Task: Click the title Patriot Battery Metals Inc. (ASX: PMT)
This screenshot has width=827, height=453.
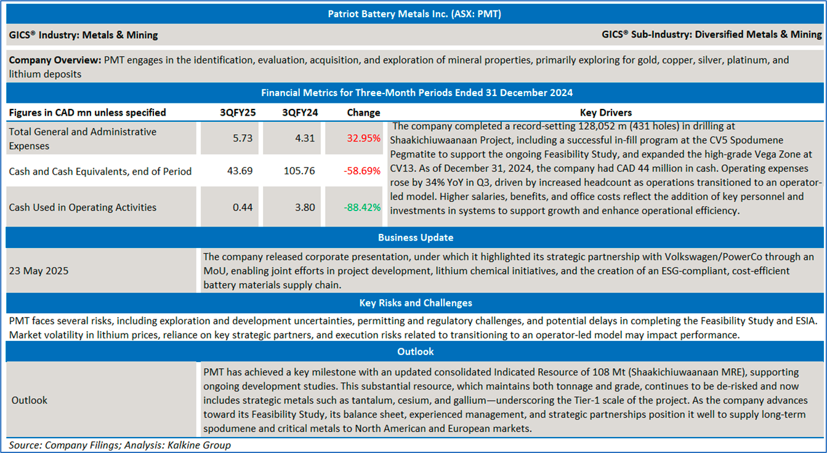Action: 414,14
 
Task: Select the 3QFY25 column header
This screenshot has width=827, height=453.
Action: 238,113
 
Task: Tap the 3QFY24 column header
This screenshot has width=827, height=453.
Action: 299,113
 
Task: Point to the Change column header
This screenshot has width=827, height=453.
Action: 363,113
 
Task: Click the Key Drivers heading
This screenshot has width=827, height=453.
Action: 606,113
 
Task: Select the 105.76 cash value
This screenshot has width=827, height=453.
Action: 299,171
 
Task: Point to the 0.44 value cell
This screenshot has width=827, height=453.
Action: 242,207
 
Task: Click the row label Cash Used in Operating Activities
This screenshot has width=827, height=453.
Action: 83,207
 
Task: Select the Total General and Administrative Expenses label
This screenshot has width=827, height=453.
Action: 83,138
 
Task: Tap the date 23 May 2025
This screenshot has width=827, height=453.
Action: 39,271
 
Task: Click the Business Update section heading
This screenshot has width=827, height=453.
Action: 416,238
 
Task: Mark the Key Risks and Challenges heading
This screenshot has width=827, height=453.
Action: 416,303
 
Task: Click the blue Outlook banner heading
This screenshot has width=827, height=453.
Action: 416,351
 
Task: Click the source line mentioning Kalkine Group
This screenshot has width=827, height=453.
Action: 120,444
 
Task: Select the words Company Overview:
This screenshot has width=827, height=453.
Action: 55,60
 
